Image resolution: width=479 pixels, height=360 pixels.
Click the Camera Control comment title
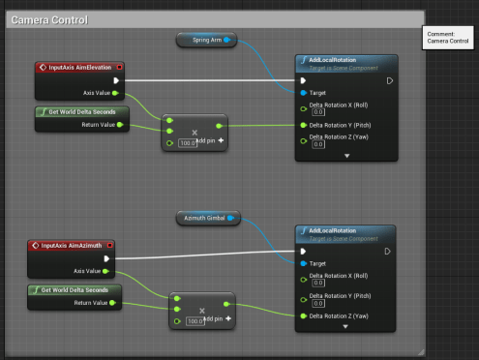tap(48, 19)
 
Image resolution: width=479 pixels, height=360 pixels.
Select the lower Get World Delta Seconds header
tap(74, 289)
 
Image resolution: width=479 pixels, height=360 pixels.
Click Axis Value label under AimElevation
tap(96, 93)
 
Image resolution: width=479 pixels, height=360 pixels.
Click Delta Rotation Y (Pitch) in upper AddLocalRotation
tap(343, 125)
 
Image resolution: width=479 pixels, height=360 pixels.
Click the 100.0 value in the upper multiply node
tap(189, 142)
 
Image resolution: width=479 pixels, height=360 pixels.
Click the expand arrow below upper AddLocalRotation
tap(345, 155)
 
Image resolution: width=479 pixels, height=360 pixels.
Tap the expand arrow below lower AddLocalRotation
tap(345, 327)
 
